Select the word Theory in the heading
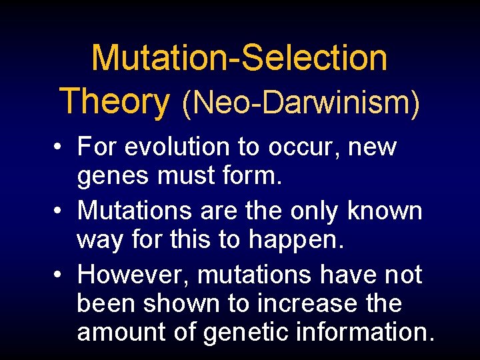pyautogui.click(x=115, y=101)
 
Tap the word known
pyautogui.click(x=385, y=211)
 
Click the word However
pyautogui.click(x=133, y=274)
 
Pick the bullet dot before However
pyautogui.click(x=60, y=275)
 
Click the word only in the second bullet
pyautogui.click(x=315, y=211)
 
